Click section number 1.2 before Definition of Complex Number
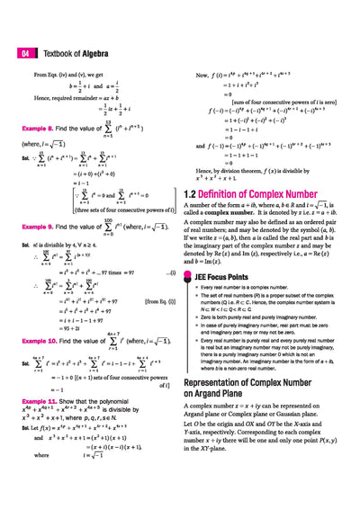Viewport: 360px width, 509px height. click(x=190, y=193)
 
